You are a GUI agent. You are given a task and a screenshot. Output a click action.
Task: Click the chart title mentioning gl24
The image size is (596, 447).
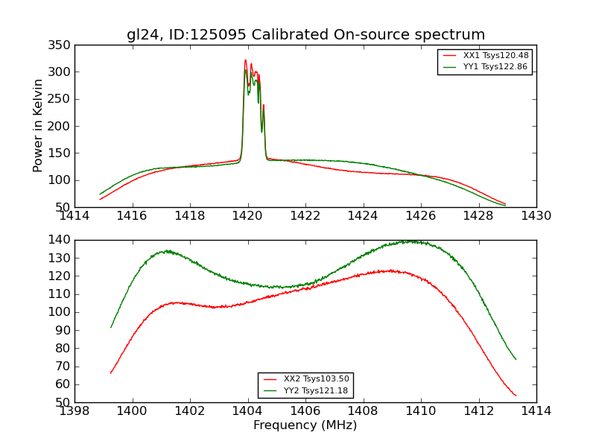[x=305, y=35]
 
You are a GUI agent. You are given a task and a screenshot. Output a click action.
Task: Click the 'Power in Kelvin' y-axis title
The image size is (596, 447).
[x=39, y=126]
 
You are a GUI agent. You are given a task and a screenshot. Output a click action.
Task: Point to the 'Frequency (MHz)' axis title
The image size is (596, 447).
[x=305, y=425]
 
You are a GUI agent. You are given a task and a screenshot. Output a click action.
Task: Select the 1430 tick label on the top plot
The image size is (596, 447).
[x=536, y=216]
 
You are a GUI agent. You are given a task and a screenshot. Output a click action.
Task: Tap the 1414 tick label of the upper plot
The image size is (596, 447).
[x=74, y=216]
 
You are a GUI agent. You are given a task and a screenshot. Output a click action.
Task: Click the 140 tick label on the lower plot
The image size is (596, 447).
[x=62, y=240]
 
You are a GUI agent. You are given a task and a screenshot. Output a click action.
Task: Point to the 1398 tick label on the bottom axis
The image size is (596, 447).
[x=74, y=411]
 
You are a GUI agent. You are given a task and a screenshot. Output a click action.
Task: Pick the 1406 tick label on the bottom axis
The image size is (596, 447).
[x=305, y=411]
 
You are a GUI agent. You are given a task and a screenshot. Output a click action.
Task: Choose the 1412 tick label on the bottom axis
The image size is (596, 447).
[x=478, y=411]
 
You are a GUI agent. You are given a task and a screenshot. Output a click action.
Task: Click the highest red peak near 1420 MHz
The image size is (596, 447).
[x=245, y=61]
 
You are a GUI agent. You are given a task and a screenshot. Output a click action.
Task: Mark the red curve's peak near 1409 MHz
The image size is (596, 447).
[x=390, y=270]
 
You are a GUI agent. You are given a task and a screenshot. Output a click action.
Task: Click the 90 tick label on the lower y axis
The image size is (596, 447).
[x=64, y=330]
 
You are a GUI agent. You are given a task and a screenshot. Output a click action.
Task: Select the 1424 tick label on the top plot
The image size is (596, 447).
[x=363, y=216]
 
